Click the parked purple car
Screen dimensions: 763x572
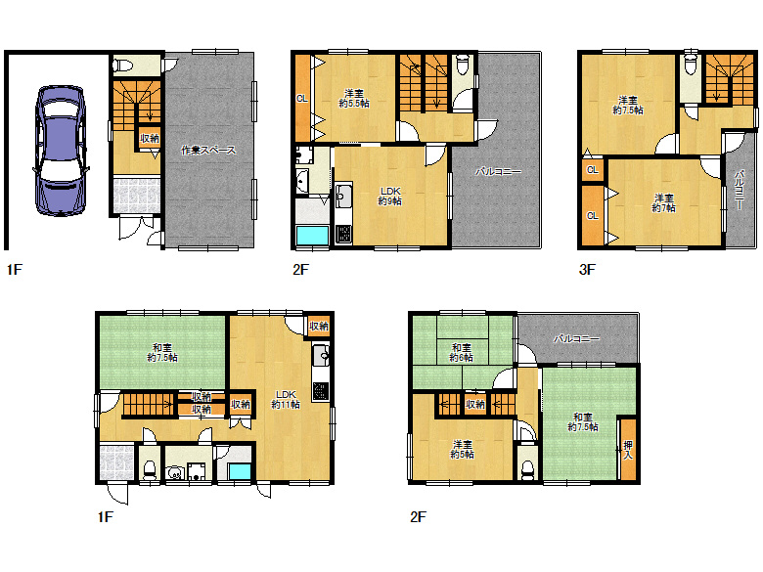click(x=62, y=151)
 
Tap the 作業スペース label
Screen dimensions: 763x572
click(x=208, y=150)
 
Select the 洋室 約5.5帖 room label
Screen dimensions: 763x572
click(x=354, y=98)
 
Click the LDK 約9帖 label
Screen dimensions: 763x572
click(x=389, y=196)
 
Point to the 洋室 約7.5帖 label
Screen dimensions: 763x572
click(x=628, y=105)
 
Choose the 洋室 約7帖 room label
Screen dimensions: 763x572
click(x=664, y=202)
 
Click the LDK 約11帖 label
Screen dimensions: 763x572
click(x=286, y=399)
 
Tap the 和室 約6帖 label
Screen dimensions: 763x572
click(x=461, y=353)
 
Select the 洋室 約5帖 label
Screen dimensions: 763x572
click(x=462, y=449)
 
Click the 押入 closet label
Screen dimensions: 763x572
click(x=628, y=450)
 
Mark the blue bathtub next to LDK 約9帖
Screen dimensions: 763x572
click(x=312, y=236)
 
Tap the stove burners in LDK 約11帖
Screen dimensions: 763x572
click(x=321, y=391)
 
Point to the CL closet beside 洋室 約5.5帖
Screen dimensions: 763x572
click(x=302, y=98)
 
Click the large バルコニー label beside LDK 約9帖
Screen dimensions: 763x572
click(x=498, y=171)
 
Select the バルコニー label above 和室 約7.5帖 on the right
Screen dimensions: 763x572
click(x=576, y=338)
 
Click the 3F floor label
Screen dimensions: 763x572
click(x=587, y=269)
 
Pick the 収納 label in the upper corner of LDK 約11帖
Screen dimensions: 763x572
click(x=319, y=326)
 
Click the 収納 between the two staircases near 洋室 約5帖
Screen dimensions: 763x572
click(x=475, y=404)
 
